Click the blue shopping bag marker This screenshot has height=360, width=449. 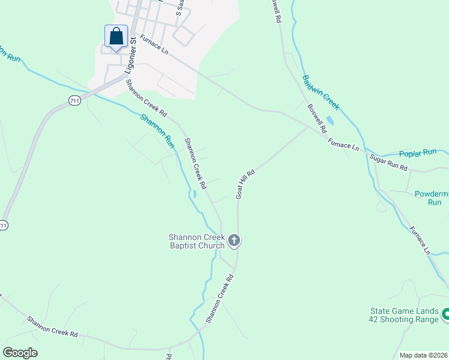tap(116, 37)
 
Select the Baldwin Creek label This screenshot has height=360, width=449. tap(321, 92)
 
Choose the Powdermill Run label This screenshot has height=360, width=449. tap(430, 198)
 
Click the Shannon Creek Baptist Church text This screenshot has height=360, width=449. tap(196, 241)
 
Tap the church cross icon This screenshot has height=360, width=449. tap(234, 241)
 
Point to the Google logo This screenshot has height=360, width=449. tap(20, 353)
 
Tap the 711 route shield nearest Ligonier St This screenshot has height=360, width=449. tap(74, 101)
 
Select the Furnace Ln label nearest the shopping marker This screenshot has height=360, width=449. tap(153, 44)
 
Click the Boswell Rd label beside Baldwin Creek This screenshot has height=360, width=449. tap(316, 118)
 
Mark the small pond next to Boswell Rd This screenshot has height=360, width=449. tap(330, 121)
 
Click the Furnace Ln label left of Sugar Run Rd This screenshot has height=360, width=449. tap(343, 145)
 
